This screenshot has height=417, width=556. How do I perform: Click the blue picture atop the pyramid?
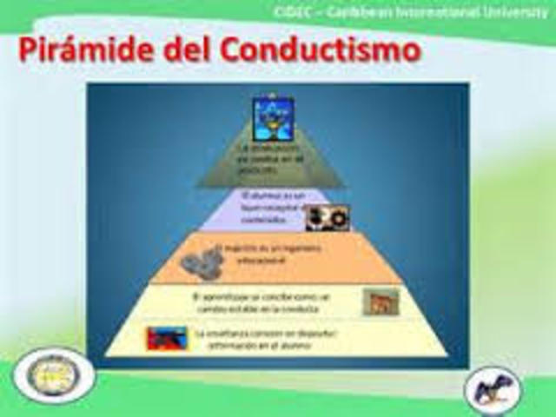pos(273,119)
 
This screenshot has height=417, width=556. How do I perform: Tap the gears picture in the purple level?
pos(327,216)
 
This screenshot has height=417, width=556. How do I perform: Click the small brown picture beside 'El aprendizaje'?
pos(381,301)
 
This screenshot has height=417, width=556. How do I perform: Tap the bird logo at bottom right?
pos(493,390)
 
